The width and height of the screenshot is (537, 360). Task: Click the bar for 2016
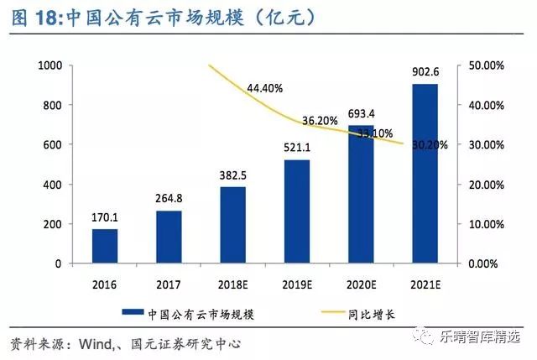[105, 246]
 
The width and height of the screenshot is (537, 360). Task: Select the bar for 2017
[169, 237]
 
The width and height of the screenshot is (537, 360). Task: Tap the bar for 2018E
[234, 225]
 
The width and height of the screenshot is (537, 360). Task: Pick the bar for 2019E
[297, 211]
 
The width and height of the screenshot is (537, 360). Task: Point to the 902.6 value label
[425, 73]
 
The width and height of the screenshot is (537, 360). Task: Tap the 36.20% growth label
[320, 121]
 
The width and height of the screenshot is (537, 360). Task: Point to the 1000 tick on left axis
[51, 65]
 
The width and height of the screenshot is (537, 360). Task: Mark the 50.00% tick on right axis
[484, 65]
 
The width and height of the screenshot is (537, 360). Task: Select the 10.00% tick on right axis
[484, 224]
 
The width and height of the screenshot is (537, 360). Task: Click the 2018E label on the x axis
[234, 282]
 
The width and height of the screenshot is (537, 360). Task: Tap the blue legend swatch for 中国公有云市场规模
[135, 313]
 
